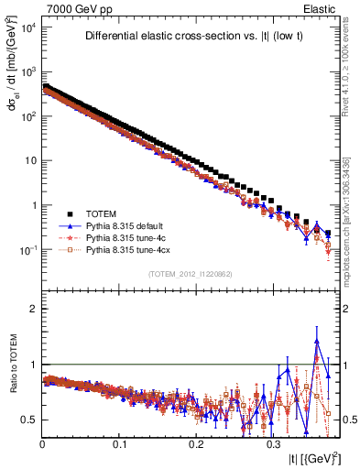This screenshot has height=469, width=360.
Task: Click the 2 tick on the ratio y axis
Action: (33, 309)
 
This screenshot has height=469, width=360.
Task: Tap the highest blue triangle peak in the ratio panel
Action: (317, 340)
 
